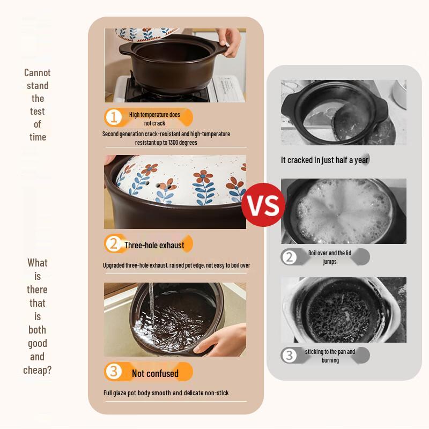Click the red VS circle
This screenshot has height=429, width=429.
pyautogui.click(x=263, y=205)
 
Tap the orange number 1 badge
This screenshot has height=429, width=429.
pyautogui.click(x=113, y=117)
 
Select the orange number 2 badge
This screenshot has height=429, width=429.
pyautogui.click(x=113, y=243)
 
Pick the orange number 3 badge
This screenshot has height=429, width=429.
pyautogui.click(x=113, y=371)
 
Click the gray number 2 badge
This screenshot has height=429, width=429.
pyautogui.click(x=289, y=257)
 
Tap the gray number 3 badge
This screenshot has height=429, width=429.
pyautogui.click(x=289, y=356)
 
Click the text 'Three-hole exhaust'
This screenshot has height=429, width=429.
pyautogui.click(x=154, y=245)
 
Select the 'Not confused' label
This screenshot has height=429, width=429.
pyautogui.click(x=155, y=373)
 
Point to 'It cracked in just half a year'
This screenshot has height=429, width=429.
pyautogui.click(x=325, y=160)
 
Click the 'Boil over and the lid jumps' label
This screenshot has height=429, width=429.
pyautogui.click(x=330, y=257)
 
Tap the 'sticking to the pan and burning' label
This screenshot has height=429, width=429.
pyautogui.click(x=330, y=356)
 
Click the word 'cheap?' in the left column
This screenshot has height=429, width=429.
pyautogui.click(x=37, y=370)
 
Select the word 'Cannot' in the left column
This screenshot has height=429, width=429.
pyautogui.click(x=37, y=73)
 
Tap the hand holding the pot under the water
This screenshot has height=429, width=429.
pyautogui.click(x=221, y=339)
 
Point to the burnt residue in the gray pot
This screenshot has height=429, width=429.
pyautogui.click(x=341, y=313)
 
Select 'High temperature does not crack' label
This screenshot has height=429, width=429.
pyautogui.click(x=154, y=119)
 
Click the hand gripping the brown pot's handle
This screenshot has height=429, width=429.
pyautogui.click(x=230, y=42)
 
